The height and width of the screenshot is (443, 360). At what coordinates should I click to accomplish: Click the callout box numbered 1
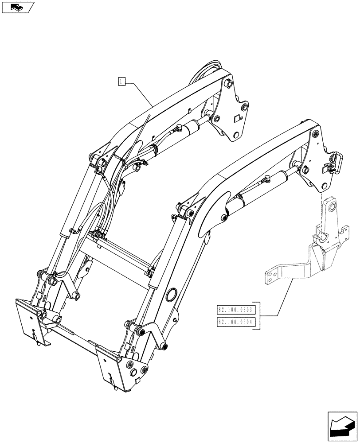tap(122, 82)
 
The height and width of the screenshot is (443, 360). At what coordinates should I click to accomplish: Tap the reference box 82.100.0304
tap(235, 322)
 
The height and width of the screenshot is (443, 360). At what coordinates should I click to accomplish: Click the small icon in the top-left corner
tap(17, 7)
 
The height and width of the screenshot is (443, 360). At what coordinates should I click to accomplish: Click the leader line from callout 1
tap(139, 93)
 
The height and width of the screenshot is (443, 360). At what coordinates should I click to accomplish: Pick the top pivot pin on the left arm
tap(228, 84)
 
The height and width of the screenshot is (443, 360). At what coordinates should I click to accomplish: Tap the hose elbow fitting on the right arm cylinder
tap(267, 179)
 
